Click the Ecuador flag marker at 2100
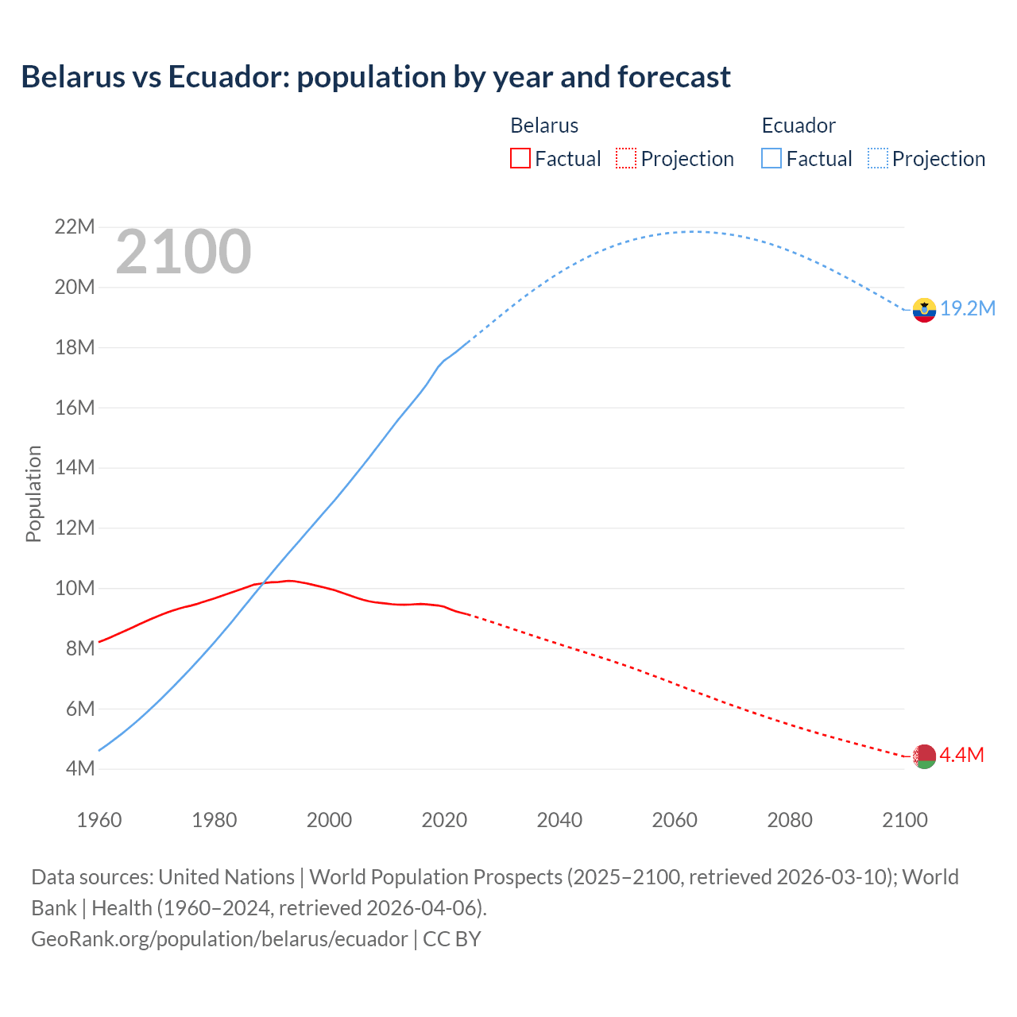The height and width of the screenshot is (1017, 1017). point(924,310)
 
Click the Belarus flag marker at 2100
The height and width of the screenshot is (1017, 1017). point(924,756)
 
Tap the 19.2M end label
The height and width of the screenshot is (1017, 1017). point(968,308)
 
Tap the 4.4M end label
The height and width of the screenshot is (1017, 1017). point(961,755)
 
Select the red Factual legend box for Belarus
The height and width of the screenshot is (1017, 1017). point(520,158)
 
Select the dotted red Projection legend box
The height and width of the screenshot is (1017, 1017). point(626,158)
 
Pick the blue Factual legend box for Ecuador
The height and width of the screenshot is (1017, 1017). point(771,158)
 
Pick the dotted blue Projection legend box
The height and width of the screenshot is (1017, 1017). point(877,158)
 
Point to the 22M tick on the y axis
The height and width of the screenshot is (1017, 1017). point(75,227)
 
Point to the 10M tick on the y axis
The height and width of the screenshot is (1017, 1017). point(75,588)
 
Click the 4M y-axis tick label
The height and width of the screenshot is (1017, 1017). point(79,768)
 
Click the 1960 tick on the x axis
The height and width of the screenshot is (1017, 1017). point(99,819)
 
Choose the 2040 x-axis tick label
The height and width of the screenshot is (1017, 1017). point(559,819)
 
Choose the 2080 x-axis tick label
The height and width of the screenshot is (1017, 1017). point(790,819)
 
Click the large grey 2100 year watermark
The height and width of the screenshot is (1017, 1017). point(184,252)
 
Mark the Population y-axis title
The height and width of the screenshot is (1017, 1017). point(33,493)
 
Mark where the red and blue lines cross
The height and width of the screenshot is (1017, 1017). point(262,584)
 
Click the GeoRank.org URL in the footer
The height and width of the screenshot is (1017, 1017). point(219,938)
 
